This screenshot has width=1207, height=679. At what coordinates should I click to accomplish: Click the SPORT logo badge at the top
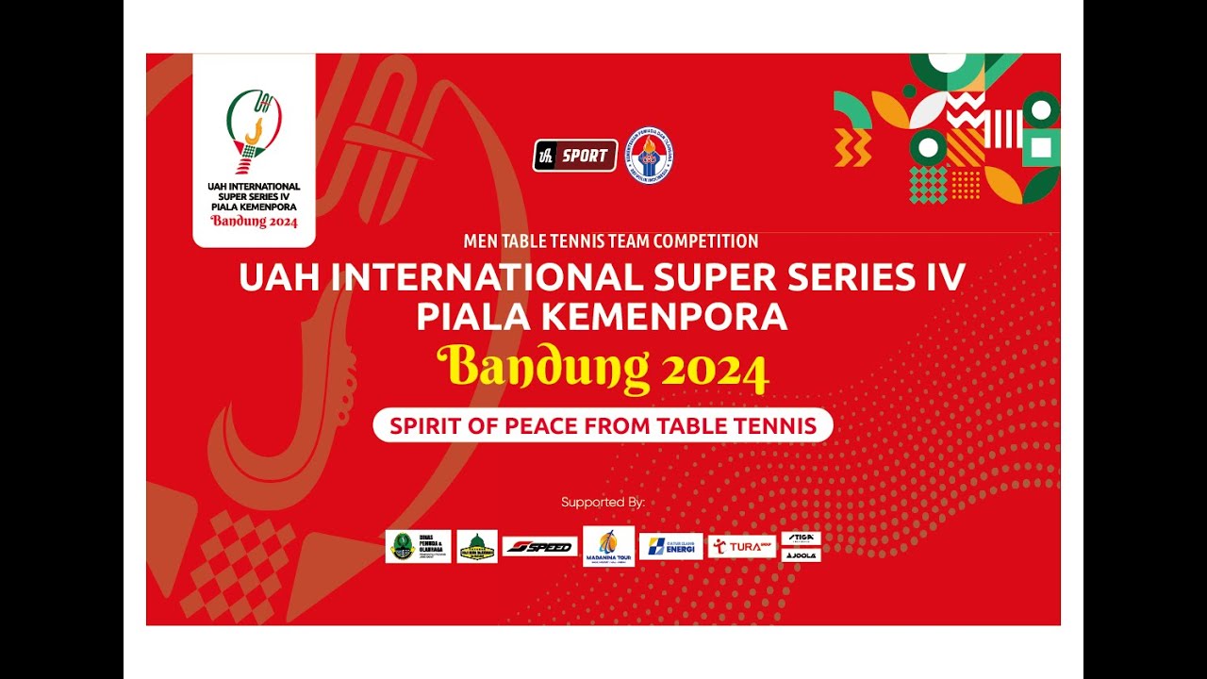coord(575,156)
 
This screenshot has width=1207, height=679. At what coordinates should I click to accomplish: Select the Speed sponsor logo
coord(539,546)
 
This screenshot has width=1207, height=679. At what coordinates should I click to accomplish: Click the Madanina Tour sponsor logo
coord(608,545)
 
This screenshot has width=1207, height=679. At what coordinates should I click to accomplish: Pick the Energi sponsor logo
coord(670,546)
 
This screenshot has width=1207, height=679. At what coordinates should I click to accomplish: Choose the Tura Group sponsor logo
coord(742,546)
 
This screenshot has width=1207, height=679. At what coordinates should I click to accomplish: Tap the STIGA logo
coord(801,538)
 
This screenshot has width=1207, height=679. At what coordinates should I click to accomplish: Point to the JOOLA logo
coord(801,555)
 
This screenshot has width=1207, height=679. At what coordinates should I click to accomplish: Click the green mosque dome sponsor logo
coord(477,546)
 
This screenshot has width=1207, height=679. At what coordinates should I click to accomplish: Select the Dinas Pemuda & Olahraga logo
coord(418,546)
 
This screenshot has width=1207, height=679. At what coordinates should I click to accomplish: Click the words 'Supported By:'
coord(603,503)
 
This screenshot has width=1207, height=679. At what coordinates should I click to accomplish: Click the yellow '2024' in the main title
coord(715,372)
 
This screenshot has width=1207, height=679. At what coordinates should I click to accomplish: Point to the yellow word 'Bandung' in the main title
coord(543,370)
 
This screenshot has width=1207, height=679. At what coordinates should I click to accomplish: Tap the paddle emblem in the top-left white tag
coord(254,127)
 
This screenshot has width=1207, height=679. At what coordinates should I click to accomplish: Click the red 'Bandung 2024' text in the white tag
coord(254,223)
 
